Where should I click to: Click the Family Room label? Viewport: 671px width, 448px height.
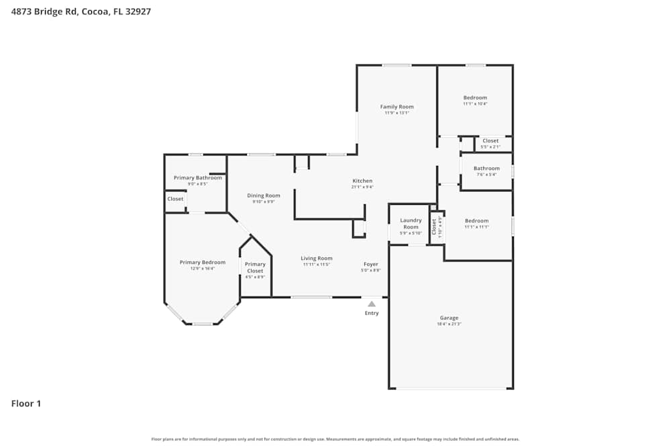(397, 107)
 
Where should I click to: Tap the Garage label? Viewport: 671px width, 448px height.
(449, 318)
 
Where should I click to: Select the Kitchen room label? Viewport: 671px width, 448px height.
(362, 181)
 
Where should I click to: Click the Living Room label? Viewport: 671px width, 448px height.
(316, 258)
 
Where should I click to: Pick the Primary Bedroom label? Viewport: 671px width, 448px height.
(202, 262)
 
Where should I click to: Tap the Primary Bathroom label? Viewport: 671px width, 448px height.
(197, 178)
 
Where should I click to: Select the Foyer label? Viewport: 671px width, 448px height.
(371, 264)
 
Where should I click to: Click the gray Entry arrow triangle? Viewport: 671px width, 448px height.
(372, 304)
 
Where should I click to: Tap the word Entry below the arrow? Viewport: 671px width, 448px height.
(372, 313)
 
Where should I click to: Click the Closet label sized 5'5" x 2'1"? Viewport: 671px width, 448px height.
(491, 141)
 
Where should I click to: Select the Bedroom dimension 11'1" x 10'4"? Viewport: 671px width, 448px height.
(475, 104)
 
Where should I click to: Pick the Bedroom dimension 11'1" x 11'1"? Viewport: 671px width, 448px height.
(476, 227)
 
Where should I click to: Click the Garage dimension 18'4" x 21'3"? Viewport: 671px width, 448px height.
(449, 324)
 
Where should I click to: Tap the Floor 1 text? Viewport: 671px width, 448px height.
(26, 404)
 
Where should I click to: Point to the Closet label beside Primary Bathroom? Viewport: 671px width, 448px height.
(175, 199)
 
